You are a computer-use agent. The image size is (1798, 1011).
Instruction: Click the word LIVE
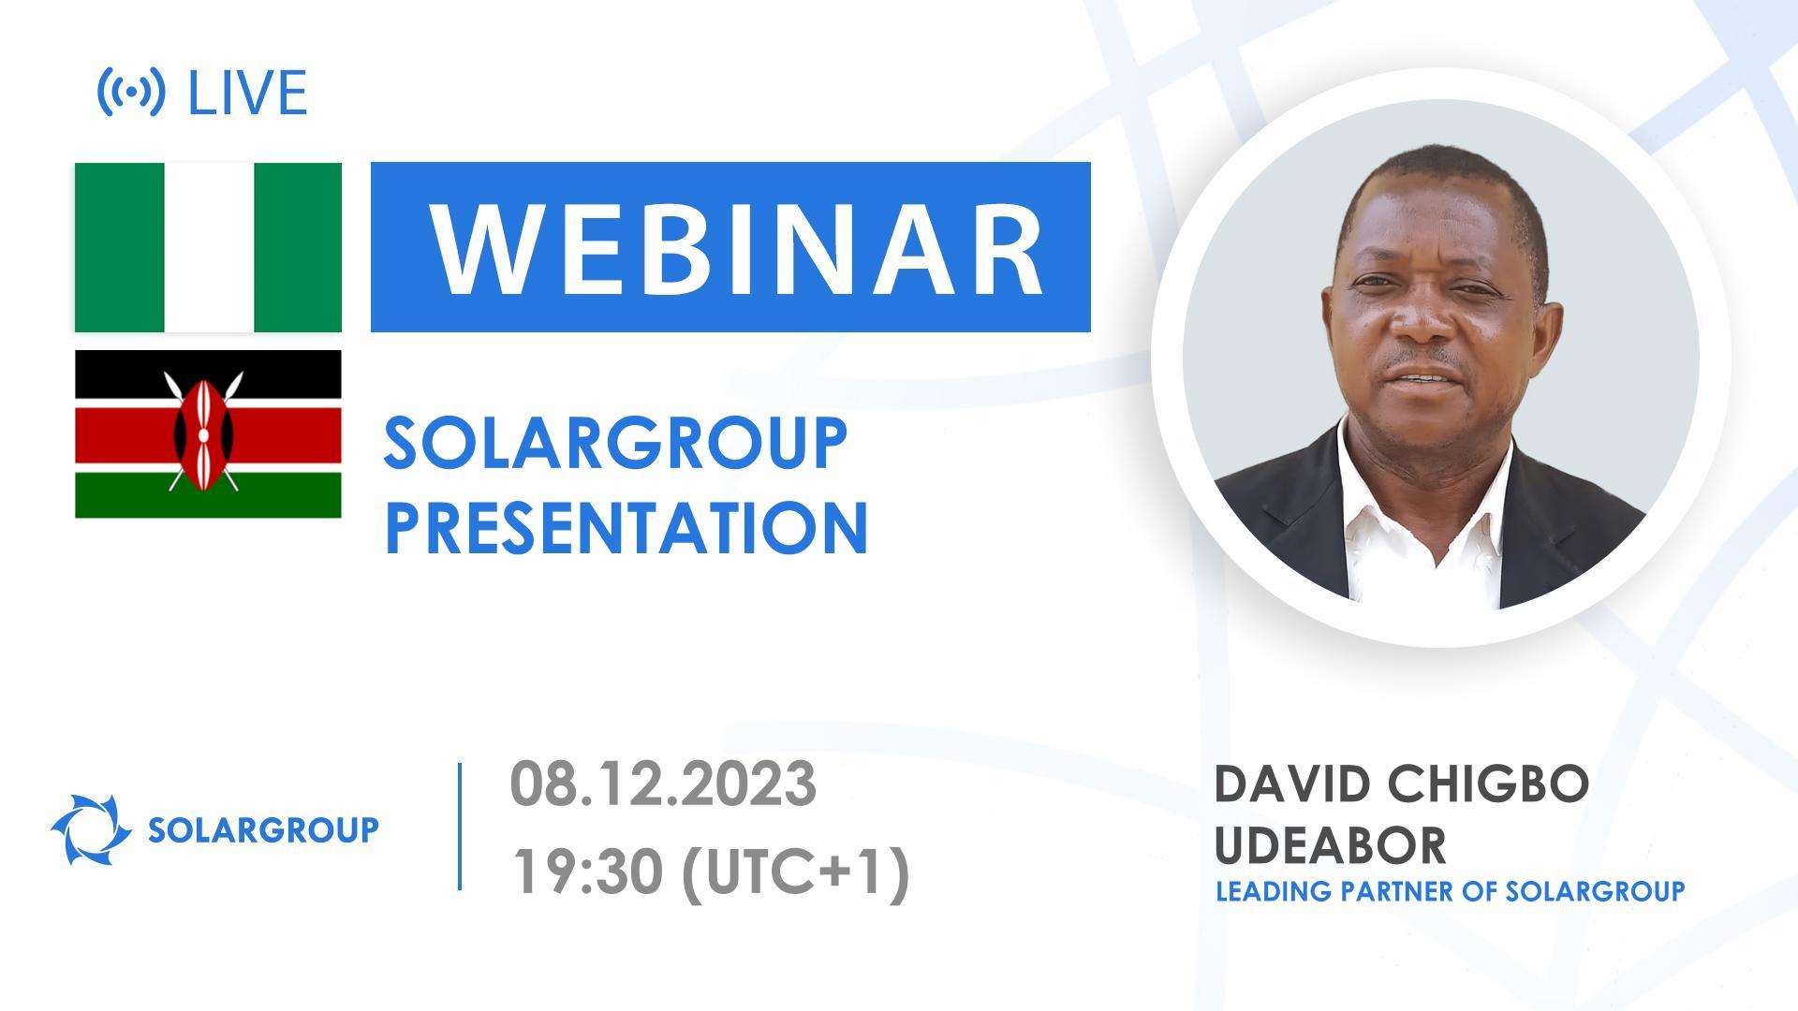click(247, 93)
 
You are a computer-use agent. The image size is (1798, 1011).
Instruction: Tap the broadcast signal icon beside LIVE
click(131, 92)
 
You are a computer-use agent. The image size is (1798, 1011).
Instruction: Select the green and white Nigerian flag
click(208, 247)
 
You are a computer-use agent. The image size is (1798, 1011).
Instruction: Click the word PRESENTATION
click(626, 527)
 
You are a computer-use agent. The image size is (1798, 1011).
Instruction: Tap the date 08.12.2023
click(663, 784)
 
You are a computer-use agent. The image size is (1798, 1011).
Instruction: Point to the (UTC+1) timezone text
click(795, 872)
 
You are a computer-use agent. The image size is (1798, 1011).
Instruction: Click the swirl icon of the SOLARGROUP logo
click(91, 829)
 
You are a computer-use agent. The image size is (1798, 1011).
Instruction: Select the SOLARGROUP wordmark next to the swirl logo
click(263, 829)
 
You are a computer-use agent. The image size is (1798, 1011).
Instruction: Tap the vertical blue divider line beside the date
click(460, 826)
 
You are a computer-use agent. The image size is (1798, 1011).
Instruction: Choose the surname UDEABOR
click(1330, 844)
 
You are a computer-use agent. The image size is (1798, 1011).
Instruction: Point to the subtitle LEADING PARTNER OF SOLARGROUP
click(1450, 891)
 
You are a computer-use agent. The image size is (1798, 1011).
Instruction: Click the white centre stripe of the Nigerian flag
click(208, 247)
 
